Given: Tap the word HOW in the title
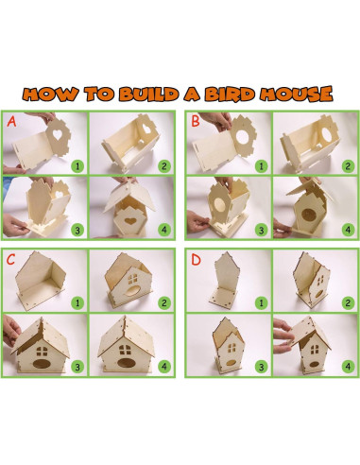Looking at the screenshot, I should point(48,95).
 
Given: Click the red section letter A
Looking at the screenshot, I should point(11,122).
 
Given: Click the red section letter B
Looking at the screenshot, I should point(195,122).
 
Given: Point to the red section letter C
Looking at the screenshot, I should point(11,258).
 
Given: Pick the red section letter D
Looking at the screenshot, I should point(195,258).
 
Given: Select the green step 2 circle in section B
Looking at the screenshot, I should point(347,164).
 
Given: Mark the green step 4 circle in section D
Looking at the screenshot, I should point(347,364).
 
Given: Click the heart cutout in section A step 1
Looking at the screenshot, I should point(57,134).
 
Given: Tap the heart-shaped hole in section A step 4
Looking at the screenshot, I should point(129,224).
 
